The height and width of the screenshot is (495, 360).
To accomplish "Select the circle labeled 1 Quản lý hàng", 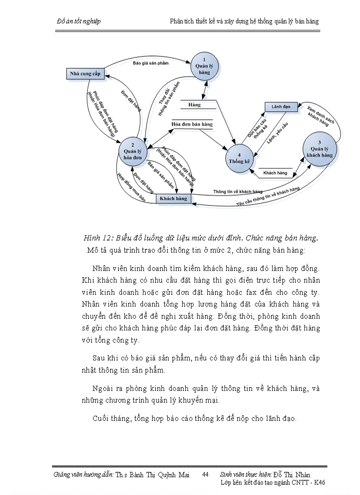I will point(204,66).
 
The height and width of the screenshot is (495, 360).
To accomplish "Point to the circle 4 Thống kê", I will point(239,158).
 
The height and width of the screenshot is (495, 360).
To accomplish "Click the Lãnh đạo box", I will point(281,107).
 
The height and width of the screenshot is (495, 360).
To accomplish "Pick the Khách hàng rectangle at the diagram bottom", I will point(173,199).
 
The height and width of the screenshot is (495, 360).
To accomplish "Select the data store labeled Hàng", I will point(195,105).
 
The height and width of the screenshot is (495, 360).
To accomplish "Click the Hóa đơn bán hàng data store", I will point(192,124).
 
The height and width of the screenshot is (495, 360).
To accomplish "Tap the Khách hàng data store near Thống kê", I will point(275,173).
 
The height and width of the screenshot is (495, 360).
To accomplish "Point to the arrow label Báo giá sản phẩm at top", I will point(150,63).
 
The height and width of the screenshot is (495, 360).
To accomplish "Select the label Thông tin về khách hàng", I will point(238,192).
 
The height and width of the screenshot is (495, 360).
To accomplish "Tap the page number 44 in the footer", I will point(205,475).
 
